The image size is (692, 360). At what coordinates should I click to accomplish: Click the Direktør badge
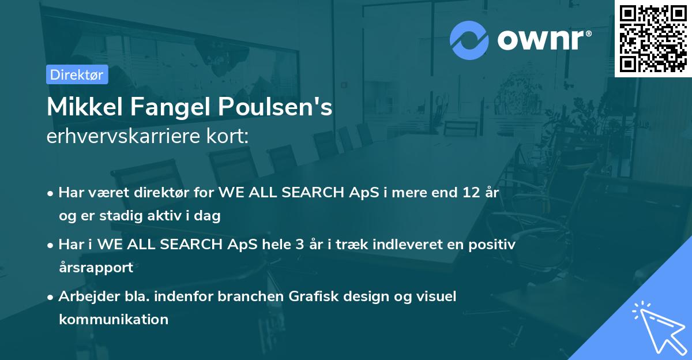pyautogui.click(x=77, y=74)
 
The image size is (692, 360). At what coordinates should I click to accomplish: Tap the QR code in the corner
pyautogui.click(x=653, y=38)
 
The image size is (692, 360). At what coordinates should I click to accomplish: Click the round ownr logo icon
pyautogui.click(x=469, y=40)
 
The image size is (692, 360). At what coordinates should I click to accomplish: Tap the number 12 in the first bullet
pyautogui.click(x=467, y=193)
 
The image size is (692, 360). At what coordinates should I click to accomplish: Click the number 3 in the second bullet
pyautogui.click(x=299, y=244)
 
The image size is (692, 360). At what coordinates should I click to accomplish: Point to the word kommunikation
pyautogui.click(x=114, y=319)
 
